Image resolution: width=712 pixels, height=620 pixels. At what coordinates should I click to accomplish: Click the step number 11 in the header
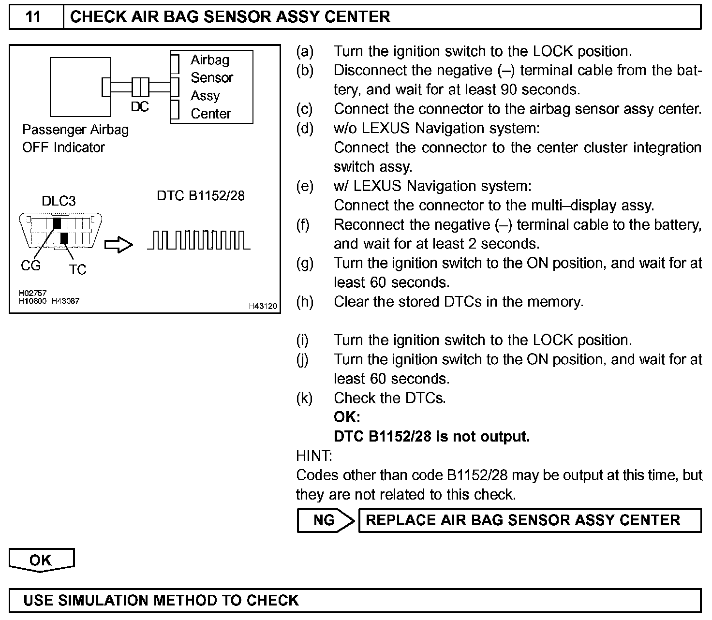click(x=33, y=17)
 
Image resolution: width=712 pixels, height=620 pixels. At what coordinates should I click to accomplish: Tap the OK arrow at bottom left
click(x=41, y=560)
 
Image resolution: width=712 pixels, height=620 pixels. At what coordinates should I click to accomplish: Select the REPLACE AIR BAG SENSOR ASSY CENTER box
click(x=529, y=520)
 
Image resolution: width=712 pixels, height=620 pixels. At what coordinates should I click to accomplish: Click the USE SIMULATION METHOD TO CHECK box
click(x=355, y=601)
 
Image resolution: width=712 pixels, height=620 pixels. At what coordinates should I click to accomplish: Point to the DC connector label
click(x=140, y=107)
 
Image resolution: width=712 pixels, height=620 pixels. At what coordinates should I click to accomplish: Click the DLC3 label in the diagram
click(x=59, y=201)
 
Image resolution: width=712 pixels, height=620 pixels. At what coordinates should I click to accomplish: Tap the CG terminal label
click(x=30, y=266)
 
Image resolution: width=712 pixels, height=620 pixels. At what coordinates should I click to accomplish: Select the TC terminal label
click(x=77, y=269)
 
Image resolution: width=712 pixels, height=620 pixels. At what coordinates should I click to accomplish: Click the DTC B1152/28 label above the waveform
click(x=201, y=195)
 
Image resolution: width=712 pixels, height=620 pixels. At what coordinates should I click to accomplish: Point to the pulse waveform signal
click(x=199, y=240)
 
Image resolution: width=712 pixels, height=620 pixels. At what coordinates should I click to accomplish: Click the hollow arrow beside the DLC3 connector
click(x=119, y=245)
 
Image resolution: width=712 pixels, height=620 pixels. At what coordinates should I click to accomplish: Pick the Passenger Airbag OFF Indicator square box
click(x=80, y=87)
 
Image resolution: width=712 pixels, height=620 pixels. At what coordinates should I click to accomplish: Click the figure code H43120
click(x=263, y=306)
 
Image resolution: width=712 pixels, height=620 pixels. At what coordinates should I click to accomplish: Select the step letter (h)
click(x=304, y=302)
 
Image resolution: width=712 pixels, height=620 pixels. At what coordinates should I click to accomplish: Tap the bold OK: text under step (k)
click(x=347, y=417)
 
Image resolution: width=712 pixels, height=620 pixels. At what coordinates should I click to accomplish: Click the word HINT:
click(x=314, y=456)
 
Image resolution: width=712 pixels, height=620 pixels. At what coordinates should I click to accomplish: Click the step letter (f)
click(x=303, y=225)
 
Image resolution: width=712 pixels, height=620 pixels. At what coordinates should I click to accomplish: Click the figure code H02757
click(x=33, y=293)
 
